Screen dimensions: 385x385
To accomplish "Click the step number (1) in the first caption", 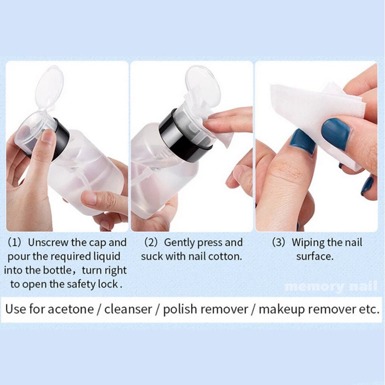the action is tap(15, 243).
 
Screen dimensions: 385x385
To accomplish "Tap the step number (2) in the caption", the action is tap(150, 243).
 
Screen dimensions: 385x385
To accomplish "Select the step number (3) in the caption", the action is tap(279, 243).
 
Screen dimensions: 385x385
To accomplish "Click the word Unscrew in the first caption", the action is tap(48, 243).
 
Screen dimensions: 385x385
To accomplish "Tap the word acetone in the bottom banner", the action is tap(70, 309).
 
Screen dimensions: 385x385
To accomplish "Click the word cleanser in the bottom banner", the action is tap(128, 309).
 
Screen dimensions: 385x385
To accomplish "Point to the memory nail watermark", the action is tap(331, 286).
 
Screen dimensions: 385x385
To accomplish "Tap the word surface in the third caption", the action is tap(315, 256).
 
